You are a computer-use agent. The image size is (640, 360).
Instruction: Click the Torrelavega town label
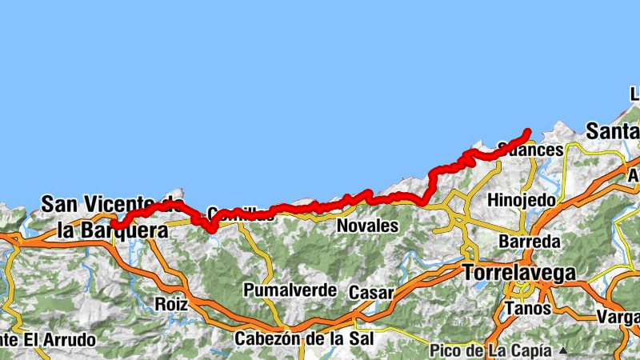[x=518, y=273]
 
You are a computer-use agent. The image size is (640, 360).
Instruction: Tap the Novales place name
[x=367, y=226]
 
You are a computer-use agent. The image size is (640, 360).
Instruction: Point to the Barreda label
[x=526, y=241]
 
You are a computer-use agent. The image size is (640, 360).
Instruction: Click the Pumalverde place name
[x=290, y=290]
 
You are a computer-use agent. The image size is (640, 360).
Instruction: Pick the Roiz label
[x=172, y=304]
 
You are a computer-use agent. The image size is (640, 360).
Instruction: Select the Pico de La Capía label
[x=490, y=350]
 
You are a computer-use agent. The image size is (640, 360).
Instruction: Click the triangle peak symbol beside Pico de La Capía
[x=563, y=350]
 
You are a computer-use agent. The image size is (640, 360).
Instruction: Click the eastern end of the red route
[x=528, y=131]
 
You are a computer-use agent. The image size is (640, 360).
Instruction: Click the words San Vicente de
[x=108, y=204]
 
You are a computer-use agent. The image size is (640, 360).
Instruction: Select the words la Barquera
[x=113, y=230]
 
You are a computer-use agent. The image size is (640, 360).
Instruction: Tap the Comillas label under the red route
[x=234, y=214]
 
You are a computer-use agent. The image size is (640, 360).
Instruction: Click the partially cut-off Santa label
[x=612, y=130]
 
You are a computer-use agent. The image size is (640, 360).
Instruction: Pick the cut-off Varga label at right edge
[x=618, y=318]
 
